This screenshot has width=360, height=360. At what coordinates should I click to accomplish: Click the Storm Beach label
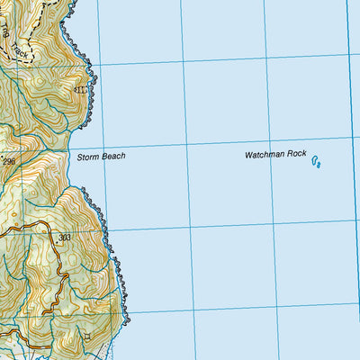tap(101, 157)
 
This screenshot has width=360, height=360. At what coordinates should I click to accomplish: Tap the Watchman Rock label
tap(275, 156)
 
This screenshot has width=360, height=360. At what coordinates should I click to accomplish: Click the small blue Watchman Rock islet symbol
tap(318, 162)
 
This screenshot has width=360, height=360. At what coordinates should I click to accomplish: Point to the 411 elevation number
tap(82, 90)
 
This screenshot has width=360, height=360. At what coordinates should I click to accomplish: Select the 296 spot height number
tap(9, 161)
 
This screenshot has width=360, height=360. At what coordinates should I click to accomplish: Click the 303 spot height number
tap(64, 238)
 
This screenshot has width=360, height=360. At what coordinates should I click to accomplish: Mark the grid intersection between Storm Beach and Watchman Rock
tap(187, 144)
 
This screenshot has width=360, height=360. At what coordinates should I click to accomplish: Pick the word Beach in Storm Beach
tap(112, 157)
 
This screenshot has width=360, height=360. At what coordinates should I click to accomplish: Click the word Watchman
tap(264, 156)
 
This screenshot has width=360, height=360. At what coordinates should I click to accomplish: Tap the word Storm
tap(87, 157)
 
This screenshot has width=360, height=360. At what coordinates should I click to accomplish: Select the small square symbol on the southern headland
tap(88, 337)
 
